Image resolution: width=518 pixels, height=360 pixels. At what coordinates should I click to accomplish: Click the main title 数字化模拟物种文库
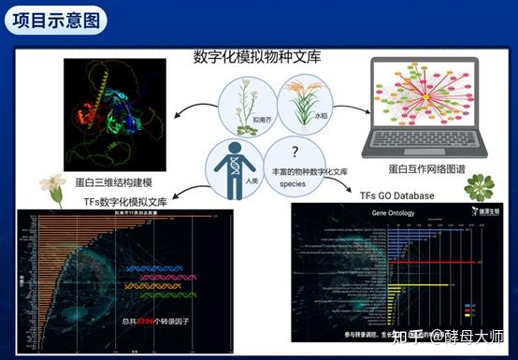click(257, 58)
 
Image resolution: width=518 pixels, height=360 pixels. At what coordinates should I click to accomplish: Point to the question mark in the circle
click(295, 151)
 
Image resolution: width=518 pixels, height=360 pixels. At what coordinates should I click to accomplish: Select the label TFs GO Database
click(397, 196)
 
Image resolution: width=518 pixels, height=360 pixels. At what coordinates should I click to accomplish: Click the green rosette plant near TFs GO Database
click(480, 186)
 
